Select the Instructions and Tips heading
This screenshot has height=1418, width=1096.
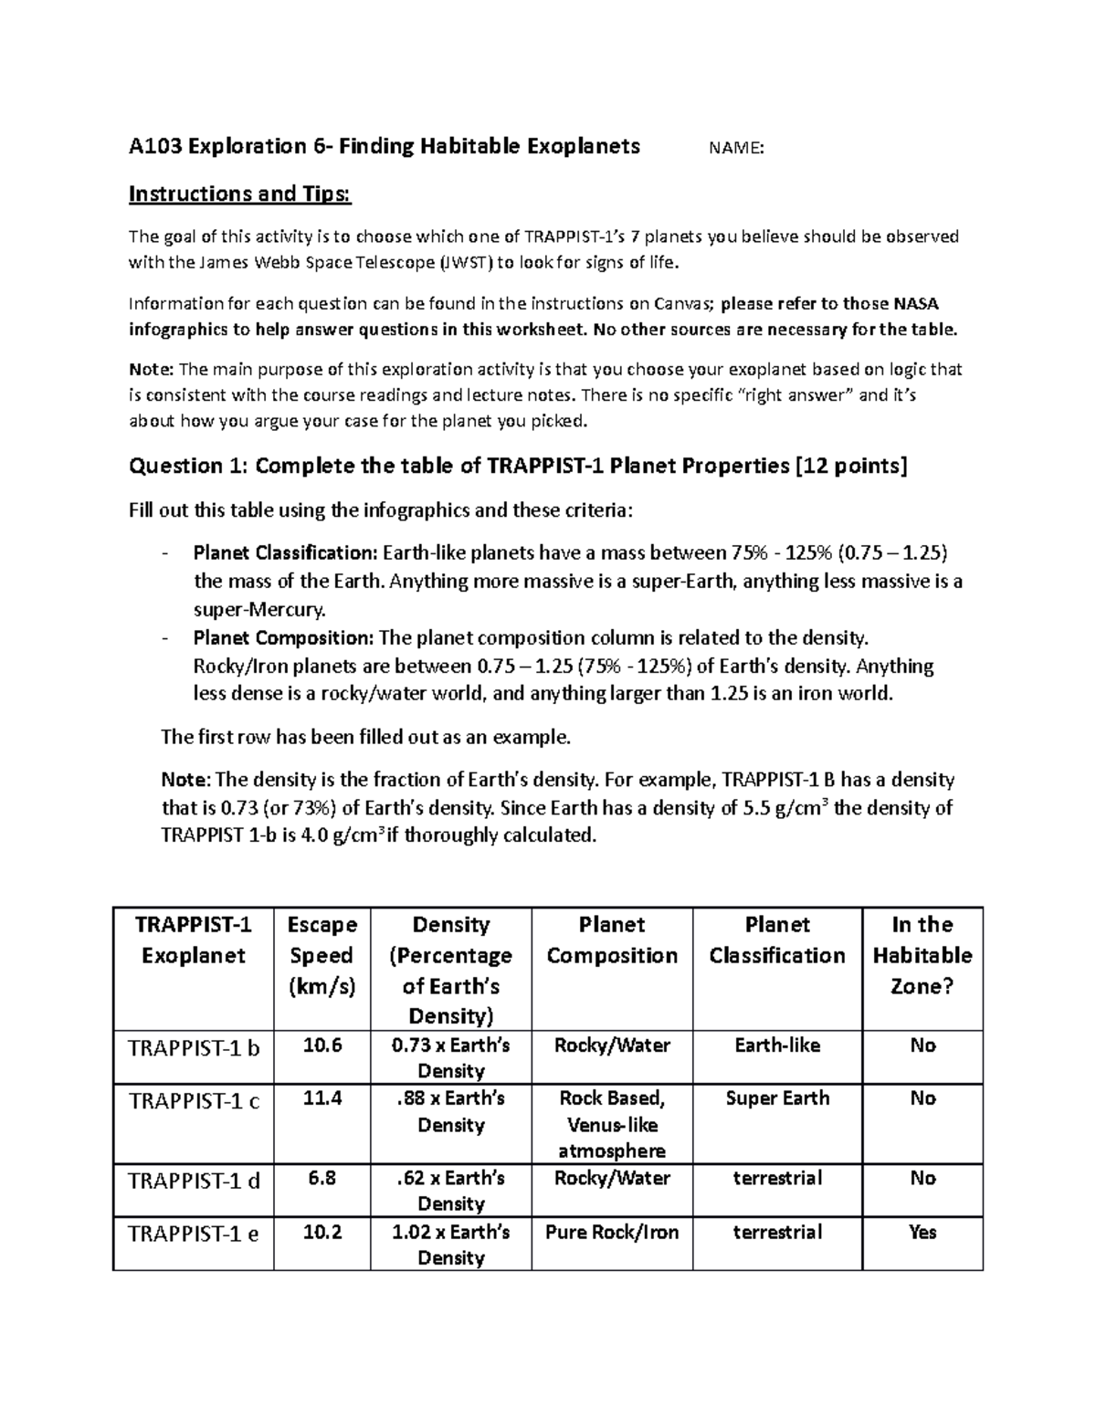click(239, 194)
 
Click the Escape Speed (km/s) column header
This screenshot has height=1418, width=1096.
click(321, 955)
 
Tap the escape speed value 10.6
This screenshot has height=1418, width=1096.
click(321, 1045)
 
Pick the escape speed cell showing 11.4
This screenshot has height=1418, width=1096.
click(321, 1098)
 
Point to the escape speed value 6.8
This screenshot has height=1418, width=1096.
click(321, 1178)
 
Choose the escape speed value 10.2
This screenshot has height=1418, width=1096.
click(321, 1232)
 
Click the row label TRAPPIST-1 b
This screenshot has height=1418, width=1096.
click(194, 1047)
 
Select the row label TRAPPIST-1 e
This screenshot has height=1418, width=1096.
click(194, 1234)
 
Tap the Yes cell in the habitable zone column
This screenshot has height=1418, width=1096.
click(922, 1232)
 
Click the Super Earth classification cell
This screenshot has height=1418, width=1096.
click(777, 1098)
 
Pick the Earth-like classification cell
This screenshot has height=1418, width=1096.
click(777, 1045)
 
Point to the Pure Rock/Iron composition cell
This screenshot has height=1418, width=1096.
click(612, 1232)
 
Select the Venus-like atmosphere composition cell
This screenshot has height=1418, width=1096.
click(612, 1125)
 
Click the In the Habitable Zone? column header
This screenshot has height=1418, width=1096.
click(922, 955)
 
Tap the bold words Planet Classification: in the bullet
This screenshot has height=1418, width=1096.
click(286, 553)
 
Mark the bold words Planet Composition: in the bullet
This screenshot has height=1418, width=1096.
click(283, 637)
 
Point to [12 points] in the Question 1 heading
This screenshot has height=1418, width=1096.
click(851, 467)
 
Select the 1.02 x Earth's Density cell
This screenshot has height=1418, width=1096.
click(450, 1244)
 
